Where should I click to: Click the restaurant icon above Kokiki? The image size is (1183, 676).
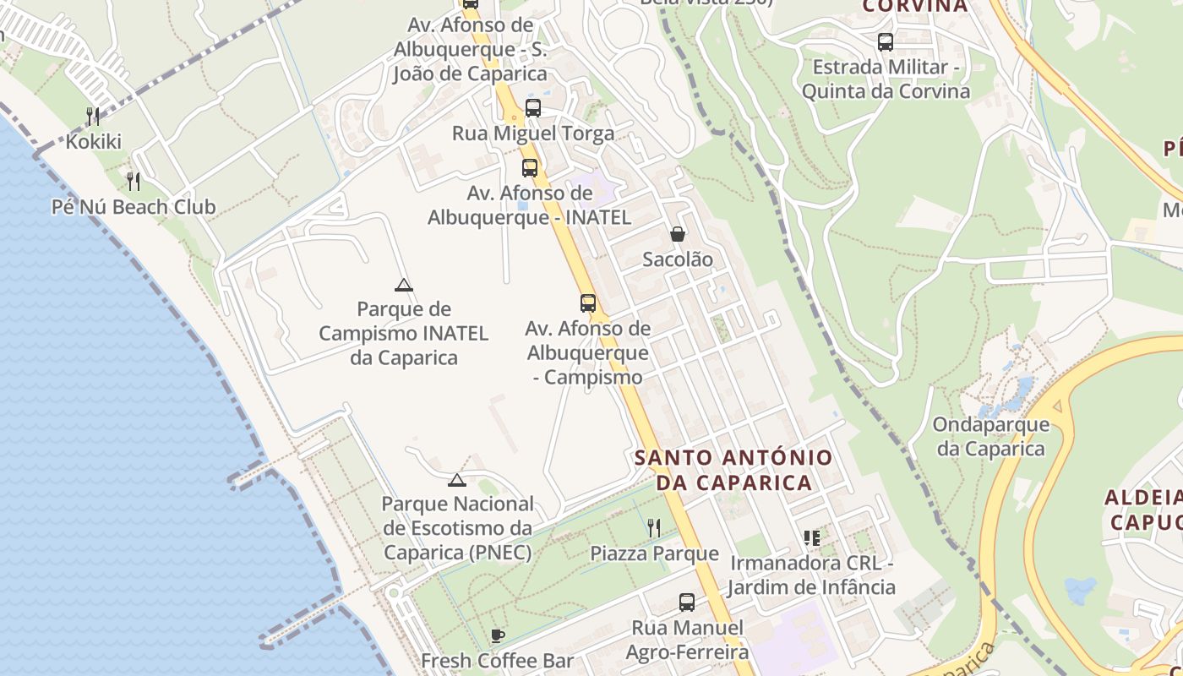click(93, 116)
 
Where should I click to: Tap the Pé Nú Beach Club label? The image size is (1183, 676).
click(134, 207)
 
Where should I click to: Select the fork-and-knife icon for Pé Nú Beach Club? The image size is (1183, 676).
click(134, 181)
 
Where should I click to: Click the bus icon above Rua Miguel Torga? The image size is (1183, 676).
click(533, 108)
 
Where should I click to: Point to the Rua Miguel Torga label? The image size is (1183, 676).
click(533, 134)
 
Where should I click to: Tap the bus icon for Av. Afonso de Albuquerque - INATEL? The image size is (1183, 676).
click(530, 167)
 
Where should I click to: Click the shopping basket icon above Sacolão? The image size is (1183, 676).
click(678, 234)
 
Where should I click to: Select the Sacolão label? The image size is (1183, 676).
click(678, 259)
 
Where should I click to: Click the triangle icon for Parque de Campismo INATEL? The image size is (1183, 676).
click(404, 285)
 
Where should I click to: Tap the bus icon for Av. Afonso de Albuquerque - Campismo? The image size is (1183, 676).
click(588, 303)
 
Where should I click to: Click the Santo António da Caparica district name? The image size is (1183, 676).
click(733, 470)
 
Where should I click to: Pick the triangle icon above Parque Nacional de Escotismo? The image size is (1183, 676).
click(457, 480)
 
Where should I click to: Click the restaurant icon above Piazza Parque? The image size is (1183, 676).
click(654, 528)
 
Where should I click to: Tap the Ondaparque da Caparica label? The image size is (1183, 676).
click(991, 436)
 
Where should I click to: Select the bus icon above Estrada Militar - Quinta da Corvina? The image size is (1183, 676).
click(886, 41)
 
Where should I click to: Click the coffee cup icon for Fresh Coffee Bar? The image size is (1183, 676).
click(498, 635)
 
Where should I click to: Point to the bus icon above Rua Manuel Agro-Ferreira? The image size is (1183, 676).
click(687, 602)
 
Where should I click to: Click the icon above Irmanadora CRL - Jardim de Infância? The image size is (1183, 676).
click(812, 537)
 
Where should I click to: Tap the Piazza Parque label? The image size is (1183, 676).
click(654, 554)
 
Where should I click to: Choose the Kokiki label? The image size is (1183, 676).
click(93, 142)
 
